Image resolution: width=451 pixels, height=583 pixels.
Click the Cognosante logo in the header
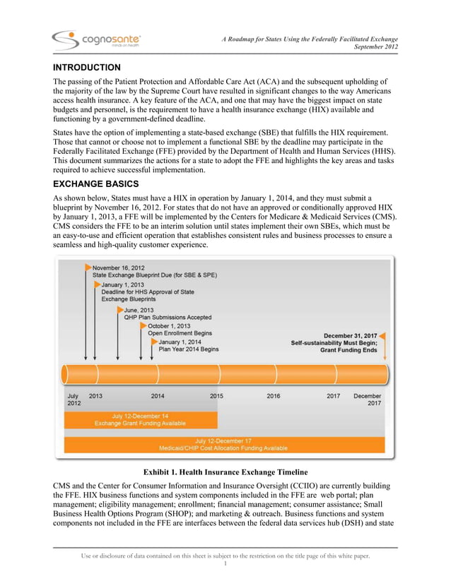click(x=96, y=40)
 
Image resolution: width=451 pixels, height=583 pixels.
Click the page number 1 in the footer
click(x=225, y=563)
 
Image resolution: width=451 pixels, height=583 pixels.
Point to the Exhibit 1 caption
click(x=225, y=471)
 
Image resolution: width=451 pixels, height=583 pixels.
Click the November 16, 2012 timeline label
click(x=118, y=268)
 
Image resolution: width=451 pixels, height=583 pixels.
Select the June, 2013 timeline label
click(x=139, y=309)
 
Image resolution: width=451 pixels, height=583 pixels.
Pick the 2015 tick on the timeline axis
click(x=216, y=396)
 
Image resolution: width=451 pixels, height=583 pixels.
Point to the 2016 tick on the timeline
click(x=273, y=396)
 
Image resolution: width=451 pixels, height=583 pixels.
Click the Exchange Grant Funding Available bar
click(x=141, y=420)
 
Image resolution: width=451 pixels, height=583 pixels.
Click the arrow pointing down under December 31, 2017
click(x=385, y=349)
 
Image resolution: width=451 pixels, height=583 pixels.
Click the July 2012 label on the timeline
click(x=74, y=399)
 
